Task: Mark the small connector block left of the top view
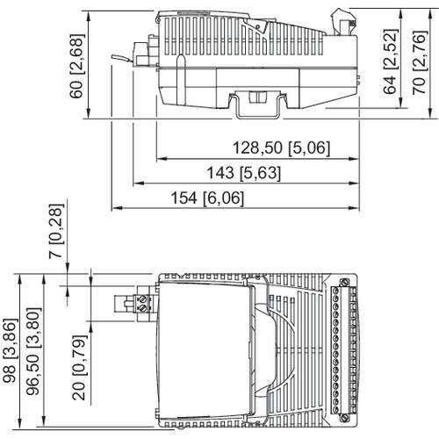tap(140, 304)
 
